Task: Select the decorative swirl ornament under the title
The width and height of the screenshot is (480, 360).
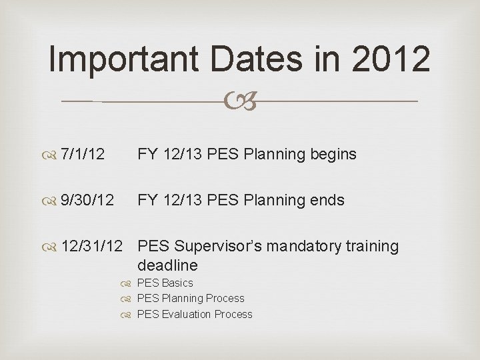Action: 241,101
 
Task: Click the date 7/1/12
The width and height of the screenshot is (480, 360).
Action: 82,155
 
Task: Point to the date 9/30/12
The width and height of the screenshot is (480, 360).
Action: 87,200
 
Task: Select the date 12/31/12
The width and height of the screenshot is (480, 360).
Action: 91,247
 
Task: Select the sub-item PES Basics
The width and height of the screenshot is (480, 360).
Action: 165,283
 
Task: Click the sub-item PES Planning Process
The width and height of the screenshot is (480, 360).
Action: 190,299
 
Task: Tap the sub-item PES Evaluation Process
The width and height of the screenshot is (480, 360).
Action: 194,315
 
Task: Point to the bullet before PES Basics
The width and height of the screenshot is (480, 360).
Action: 129,283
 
